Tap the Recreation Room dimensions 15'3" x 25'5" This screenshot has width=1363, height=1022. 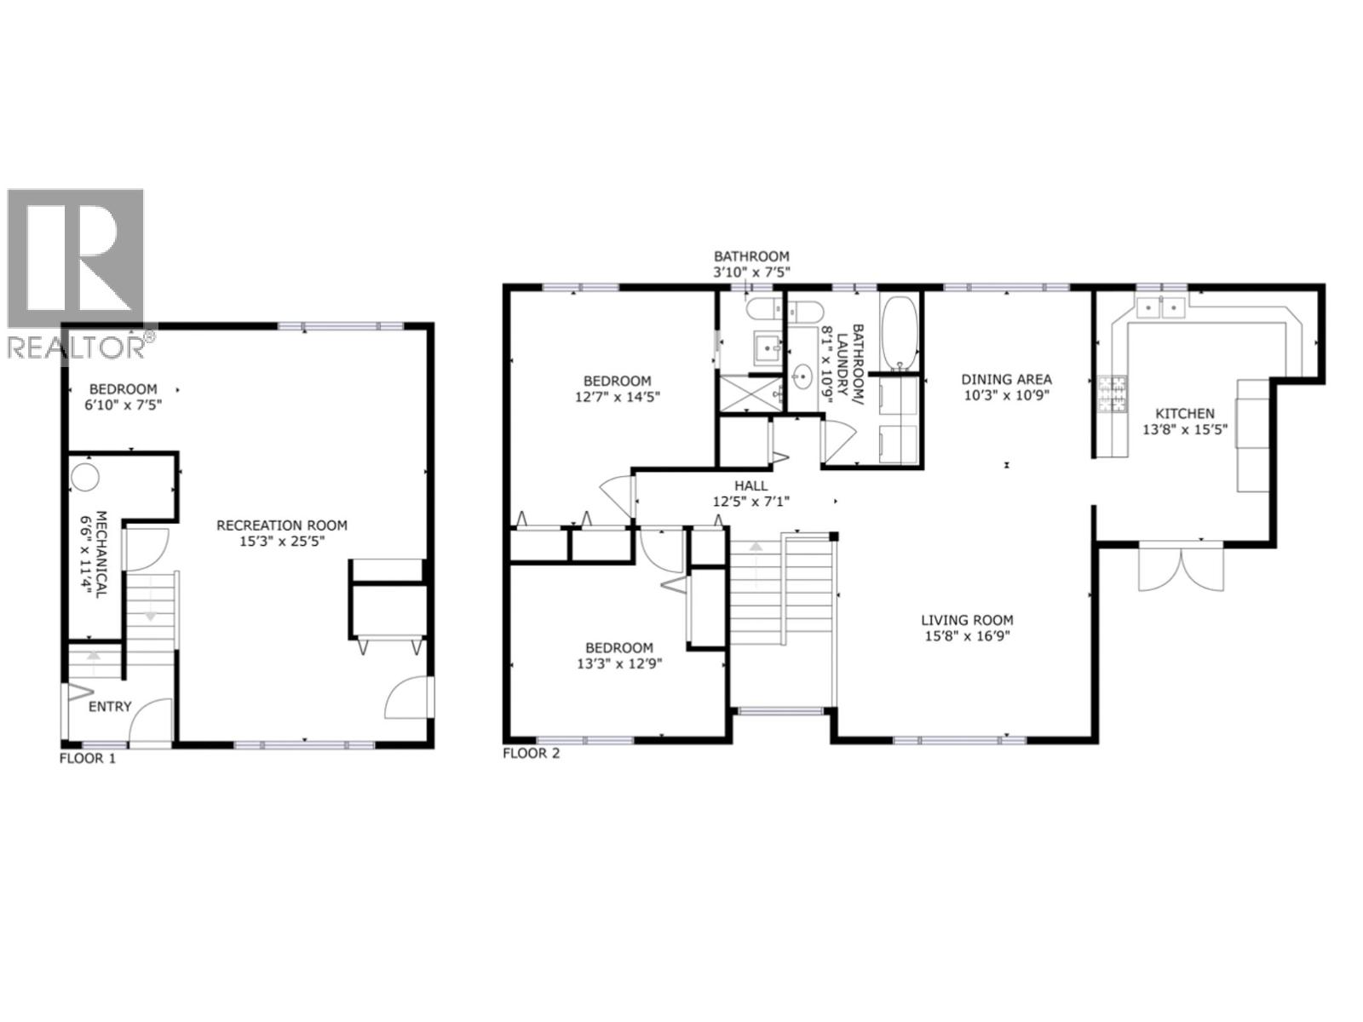[x=282, y=540]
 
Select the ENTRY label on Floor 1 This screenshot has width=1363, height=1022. [x=110, y=706]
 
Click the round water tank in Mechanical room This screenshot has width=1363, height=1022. [x=84, y=476]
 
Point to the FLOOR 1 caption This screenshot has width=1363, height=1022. [x=87, y=758]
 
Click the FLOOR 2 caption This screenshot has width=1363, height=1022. [x=532, y=753]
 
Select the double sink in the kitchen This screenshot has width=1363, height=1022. [x=1161, y=306]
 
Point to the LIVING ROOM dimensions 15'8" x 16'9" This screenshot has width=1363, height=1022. [x=967, y=635]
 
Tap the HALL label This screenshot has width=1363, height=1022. [x=751, y=485]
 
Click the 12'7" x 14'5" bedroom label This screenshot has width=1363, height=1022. [x=618, y=396]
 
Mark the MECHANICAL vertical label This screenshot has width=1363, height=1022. [x=97, y=554]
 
